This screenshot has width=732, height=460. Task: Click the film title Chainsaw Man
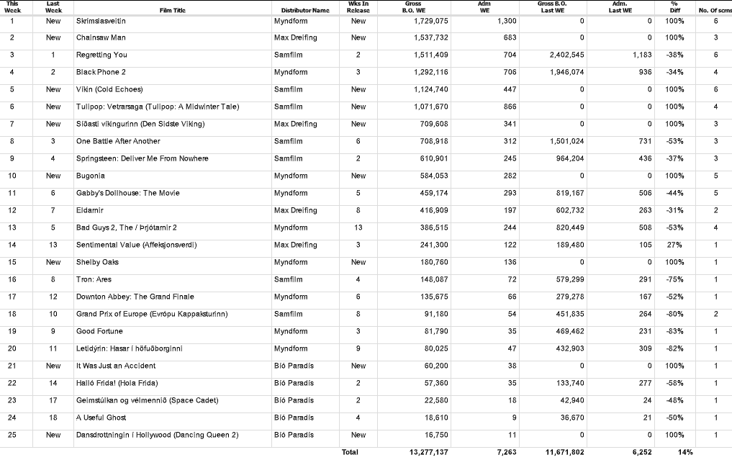pos(101,37)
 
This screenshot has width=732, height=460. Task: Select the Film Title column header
pos(172,10)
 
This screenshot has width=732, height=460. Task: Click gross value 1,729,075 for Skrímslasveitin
pos(430,21)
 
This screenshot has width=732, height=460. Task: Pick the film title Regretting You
pos(101,55)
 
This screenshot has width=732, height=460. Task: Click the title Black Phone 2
pos(101,72)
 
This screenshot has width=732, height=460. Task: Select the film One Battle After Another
pos(118,141)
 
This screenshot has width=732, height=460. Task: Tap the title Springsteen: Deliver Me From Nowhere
pos(142,158)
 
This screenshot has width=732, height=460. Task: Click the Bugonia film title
pos(91,176)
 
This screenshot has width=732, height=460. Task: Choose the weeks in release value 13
pos(358,227)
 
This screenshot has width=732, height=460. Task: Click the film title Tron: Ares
pos(94,279)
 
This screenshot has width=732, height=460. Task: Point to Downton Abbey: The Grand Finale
pos(135,297)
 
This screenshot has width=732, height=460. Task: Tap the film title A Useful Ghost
pos(101,418)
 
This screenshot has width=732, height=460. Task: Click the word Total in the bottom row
pos(350,452)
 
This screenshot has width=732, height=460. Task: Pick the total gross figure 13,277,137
pos(428,452)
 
